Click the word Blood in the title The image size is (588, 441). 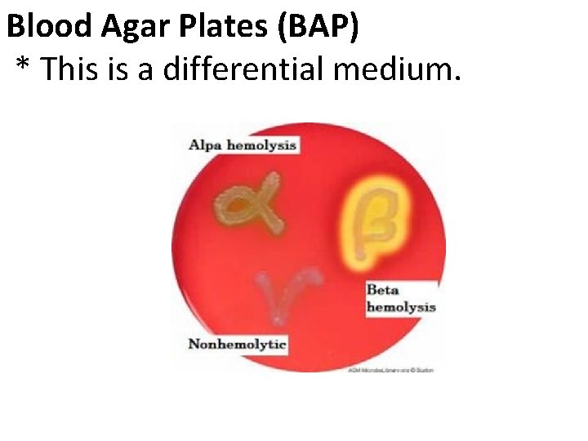click(51, 27)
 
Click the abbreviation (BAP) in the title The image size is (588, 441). click(317, 28)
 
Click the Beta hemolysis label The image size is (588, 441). click(400, 298)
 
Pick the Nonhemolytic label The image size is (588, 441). click(237, 344)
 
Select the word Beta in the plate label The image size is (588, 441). click(382, 290)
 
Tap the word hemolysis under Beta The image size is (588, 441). click(400, 307)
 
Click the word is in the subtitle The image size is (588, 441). click(123, 69)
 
